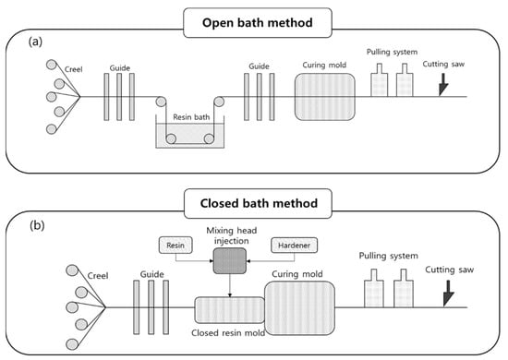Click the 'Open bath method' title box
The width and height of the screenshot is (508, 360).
(258, 23)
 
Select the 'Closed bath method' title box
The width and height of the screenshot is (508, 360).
(259, 203)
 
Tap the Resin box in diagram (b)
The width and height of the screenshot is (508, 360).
(175, 245)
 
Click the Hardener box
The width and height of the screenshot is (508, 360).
(294, 245)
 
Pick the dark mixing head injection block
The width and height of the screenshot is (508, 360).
(230, 261)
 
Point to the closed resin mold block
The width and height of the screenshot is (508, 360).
(229, 310)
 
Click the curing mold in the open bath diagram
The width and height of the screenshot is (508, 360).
(324, 97)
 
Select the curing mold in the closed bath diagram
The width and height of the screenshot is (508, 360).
(299, 308)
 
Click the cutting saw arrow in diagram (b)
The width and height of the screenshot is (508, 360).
(449, 294)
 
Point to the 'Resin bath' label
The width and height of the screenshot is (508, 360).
(191, 117)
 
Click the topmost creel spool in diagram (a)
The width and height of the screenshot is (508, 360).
(51, 65)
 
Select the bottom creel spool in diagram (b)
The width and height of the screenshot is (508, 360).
(72, 343)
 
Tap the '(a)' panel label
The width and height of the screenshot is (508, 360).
(35, 42)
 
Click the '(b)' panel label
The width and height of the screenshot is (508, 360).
(37, 225)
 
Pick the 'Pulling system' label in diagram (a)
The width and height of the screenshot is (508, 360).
(392, 52)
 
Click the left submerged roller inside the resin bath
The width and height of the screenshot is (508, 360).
(171, 138)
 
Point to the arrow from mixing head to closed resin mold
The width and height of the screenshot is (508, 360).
(230, 285)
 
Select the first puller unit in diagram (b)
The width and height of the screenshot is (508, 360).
(374, 288)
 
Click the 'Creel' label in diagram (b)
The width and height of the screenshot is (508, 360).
(98, 276)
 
